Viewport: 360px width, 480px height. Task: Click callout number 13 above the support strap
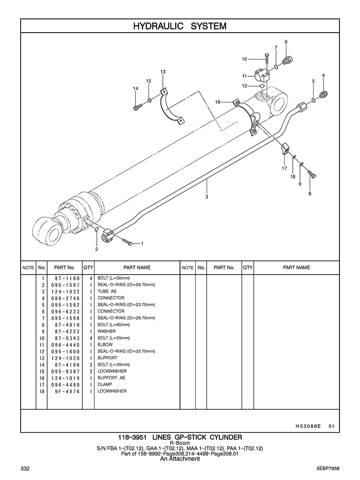tap(163, 72)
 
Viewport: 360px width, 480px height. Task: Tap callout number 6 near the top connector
tap(286, 42)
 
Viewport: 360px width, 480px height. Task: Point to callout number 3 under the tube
tap(207, 196)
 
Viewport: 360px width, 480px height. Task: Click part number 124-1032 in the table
tap(65, 291)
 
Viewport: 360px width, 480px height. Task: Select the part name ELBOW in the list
tap(105, 344)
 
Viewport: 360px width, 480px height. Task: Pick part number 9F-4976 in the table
tap(67, 391)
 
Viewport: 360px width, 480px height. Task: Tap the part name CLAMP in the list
tap(105, 384)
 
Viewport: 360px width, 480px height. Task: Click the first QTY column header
tap(88, 267)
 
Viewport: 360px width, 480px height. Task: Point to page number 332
tap(24, 468)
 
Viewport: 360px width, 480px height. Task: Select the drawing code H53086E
tap(308, 426)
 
